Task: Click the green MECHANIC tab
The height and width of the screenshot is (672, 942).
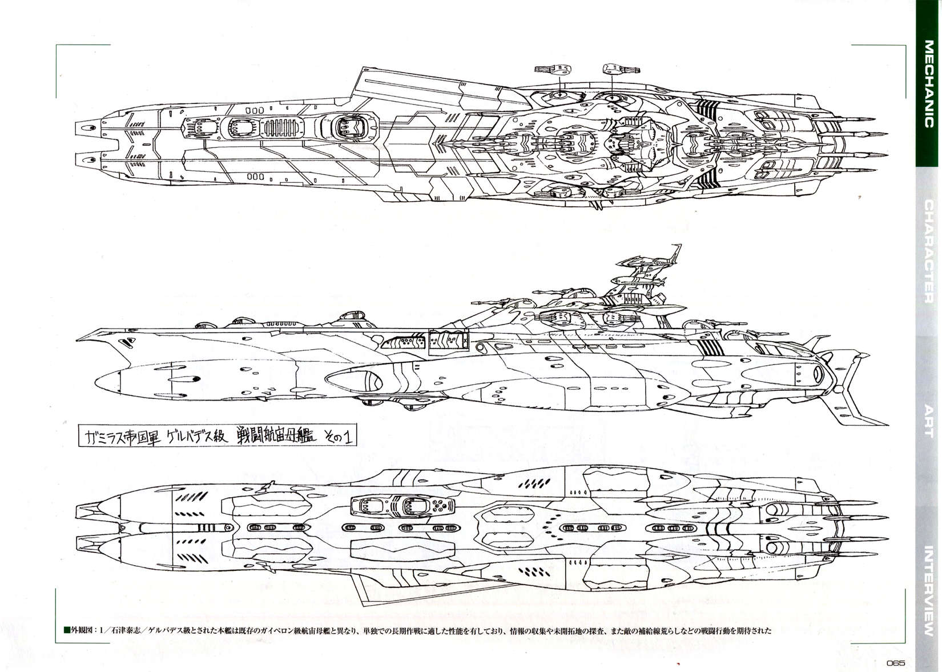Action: [928, 84]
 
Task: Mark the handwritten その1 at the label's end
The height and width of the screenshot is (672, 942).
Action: [337, 437]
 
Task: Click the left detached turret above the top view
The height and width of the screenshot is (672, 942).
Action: [551, 69]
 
